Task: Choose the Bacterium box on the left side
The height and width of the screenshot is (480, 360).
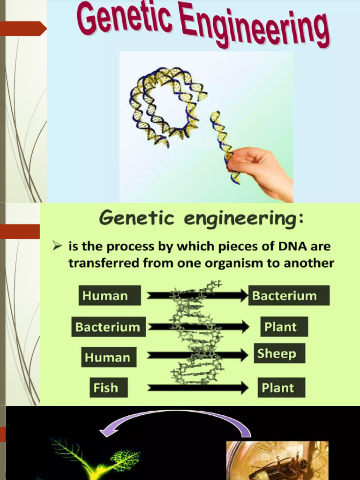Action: pyautogui.click(x=108, y=327)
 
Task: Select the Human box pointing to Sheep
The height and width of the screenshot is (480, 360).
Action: pyautogui.click(x=107, y=357)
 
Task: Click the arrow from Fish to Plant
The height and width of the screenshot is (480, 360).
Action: pyautogui.click(x=197, y=388)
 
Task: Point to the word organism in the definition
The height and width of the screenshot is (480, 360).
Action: pyautogui.click(x=237, y=263)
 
